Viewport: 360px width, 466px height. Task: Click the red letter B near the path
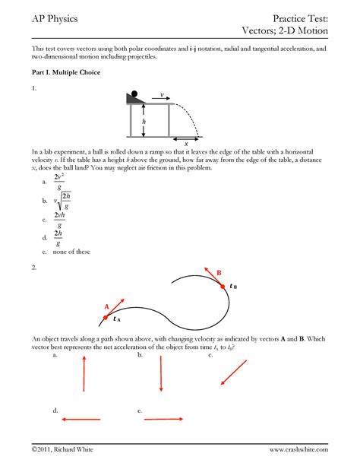[x=219, y=273]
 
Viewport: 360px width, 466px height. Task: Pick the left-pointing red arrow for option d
[x=81, y=419]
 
